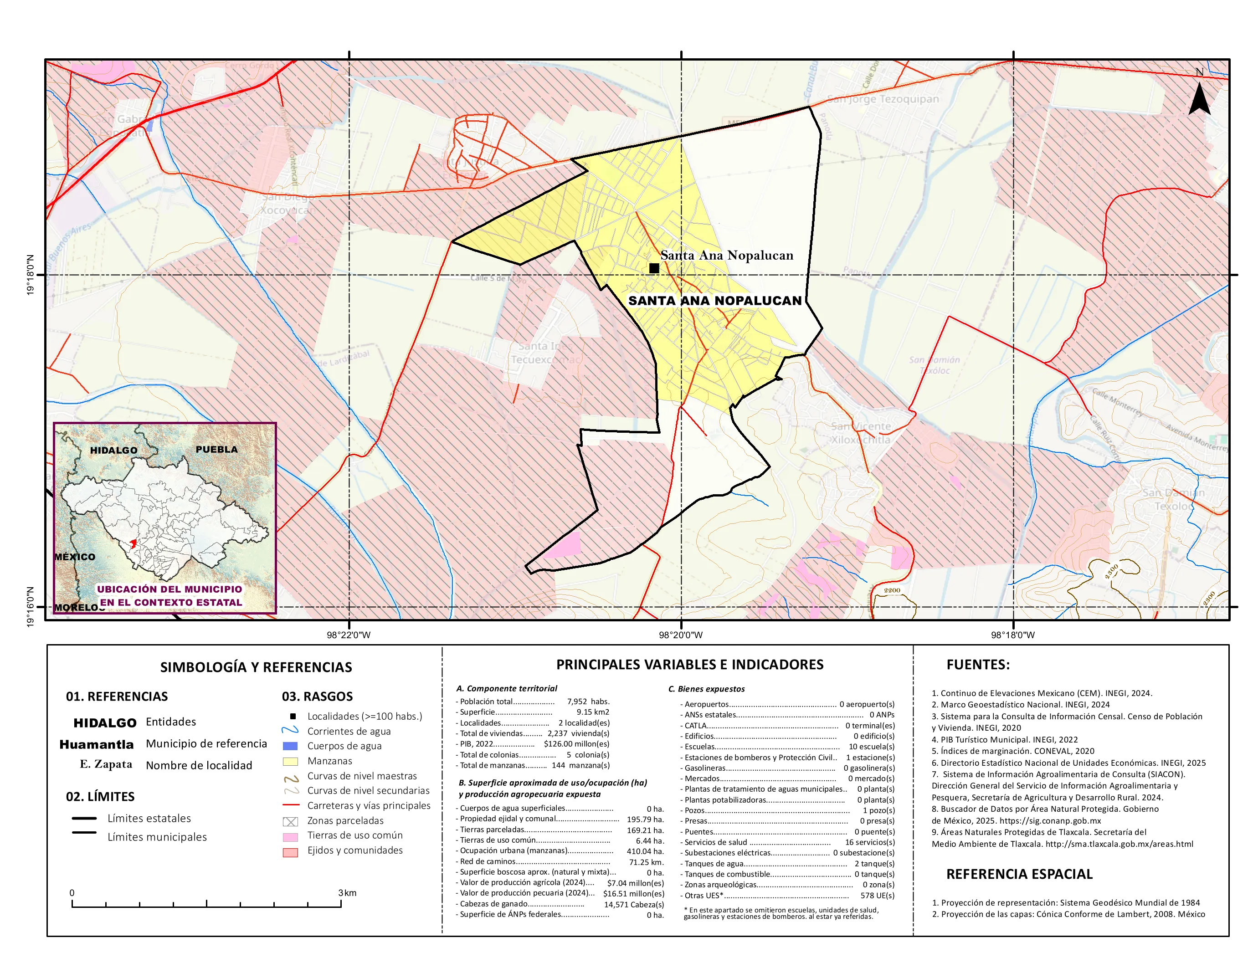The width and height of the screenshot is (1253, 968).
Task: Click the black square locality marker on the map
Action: click(654, 268)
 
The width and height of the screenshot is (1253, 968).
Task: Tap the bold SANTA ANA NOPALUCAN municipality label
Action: click(715, 301)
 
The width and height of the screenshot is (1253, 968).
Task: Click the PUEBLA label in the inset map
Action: click(216, 449)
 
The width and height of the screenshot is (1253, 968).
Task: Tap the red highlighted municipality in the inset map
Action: click(133, 543)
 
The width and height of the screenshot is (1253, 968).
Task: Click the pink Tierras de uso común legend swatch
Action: click(290, 837)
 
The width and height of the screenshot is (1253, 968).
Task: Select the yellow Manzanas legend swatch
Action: click(290, 762)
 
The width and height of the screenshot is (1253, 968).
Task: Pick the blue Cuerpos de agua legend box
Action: click(290, 746)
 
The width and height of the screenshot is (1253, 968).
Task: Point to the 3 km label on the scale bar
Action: click(347, 893)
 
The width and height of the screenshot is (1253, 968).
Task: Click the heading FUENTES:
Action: click(978, 665)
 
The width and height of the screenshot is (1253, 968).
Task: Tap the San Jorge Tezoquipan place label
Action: click(883, 99)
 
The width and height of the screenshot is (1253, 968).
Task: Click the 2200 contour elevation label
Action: click(892, 590)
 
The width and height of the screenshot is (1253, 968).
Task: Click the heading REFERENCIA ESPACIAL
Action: click(1019, 874)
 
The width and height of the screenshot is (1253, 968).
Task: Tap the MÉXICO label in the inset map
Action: click(75, 557)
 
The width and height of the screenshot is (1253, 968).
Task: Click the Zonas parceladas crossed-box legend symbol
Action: click(290, 822)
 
